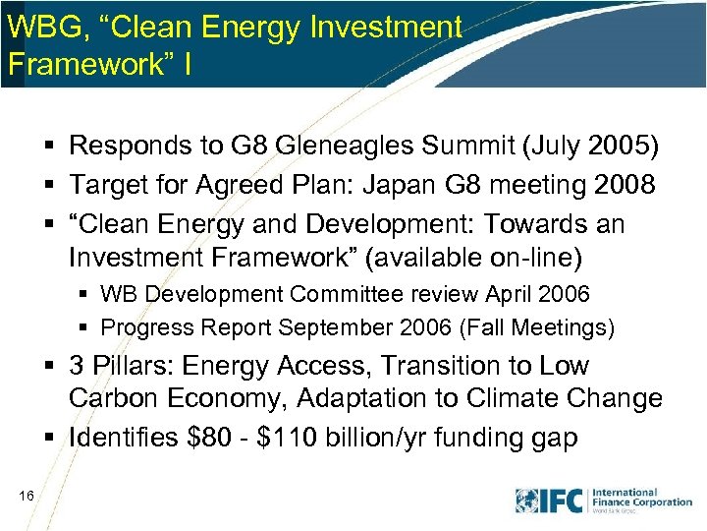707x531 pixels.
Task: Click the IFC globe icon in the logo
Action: [527, 501]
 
